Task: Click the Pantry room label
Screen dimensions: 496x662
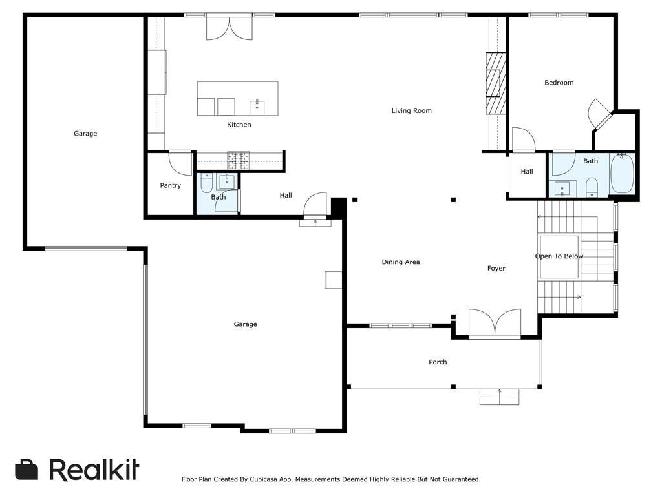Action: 171,186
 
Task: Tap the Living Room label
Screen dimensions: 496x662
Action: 411,111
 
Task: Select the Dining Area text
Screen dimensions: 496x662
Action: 401,262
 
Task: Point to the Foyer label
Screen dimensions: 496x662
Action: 496,269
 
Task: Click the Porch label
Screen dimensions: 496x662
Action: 438,362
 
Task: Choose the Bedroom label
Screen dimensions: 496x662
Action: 559,83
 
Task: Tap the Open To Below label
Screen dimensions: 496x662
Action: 559,256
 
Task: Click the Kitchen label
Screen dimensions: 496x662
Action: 239,125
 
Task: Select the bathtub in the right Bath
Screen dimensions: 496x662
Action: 623,173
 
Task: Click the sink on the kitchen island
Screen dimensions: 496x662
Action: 257,107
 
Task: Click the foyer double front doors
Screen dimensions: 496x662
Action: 495,322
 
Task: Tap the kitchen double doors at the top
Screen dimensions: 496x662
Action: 229,28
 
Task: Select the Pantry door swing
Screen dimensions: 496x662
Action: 180,163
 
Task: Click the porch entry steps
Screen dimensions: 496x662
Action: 499,397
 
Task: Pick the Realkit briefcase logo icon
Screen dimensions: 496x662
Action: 27,470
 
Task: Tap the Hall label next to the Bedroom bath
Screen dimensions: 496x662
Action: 527,172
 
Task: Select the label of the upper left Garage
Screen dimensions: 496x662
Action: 85,134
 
